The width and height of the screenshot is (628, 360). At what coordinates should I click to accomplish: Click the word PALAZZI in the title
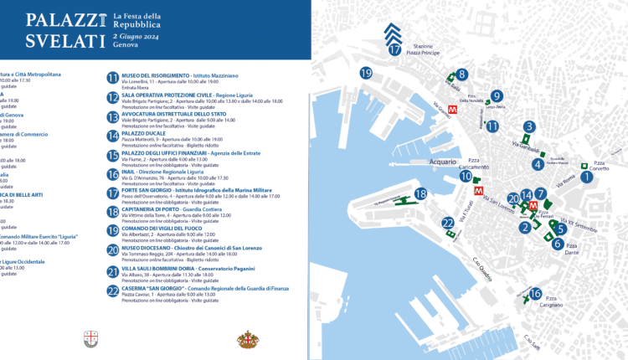click(x=59, y=20)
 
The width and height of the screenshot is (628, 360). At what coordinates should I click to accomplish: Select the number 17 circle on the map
click(x=395, y=49)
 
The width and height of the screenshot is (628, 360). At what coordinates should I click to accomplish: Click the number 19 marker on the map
click(x=365, y=74)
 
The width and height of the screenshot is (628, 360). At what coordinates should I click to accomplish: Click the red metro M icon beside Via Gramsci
click(x=452, y=108)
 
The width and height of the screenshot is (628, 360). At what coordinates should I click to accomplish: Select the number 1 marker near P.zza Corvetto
click(x=587, y=176)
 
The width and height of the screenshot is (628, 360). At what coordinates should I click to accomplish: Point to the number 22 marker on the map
click(x=448, y=223)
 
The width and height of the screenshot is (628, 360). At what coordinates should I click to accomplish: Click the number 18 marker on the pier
click(x=421, y=193)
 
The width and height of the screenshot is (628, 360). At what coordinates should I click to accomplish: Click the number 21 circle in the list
click(x=113, y=271)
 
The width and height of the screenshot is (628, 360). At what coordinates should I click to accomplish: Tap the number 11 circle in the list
click(x=113, y=79)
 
